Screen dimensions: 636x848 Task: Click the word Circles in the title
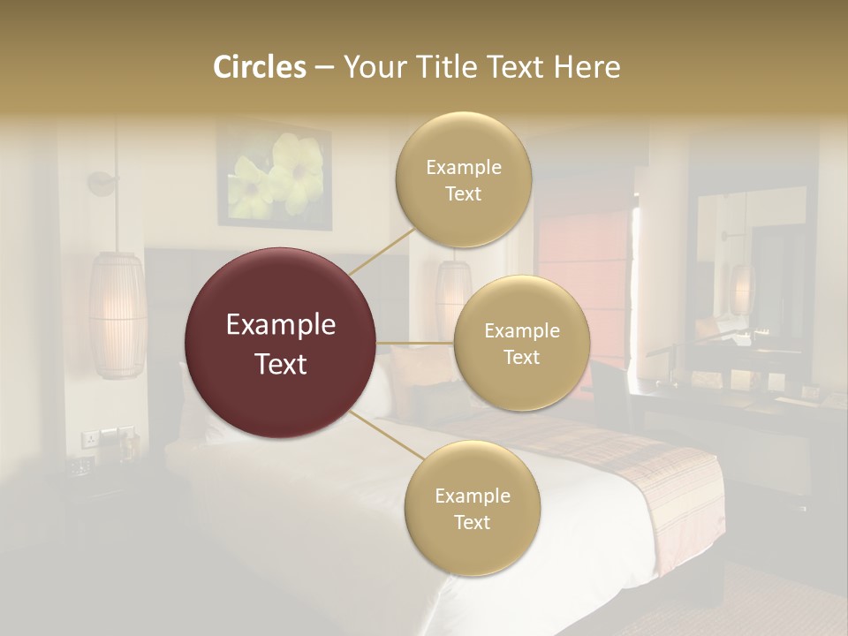click(260, 67)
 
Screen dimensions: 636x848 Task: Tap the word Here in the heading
click(586, 67)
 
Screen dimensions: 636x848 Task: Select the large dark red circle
click(281, 343)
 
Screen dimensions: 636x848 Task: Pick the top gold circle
click(463, 180)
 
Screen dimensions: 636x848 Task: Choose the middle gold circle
click(521, 343)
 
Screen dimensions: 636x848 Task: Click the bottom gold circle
click(472, 509)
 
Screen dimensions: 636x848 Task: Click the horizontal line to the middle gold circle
click(415, 343)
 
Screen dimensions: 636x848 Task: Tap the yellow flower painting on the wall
click(275, 174)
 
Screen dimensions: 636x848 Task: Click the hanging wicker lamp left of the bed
click(117, 314)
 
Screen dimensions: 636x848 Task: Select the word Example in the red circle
click(281, 325)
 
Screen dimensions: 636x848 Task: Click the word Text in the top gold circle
click(463, 193)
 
